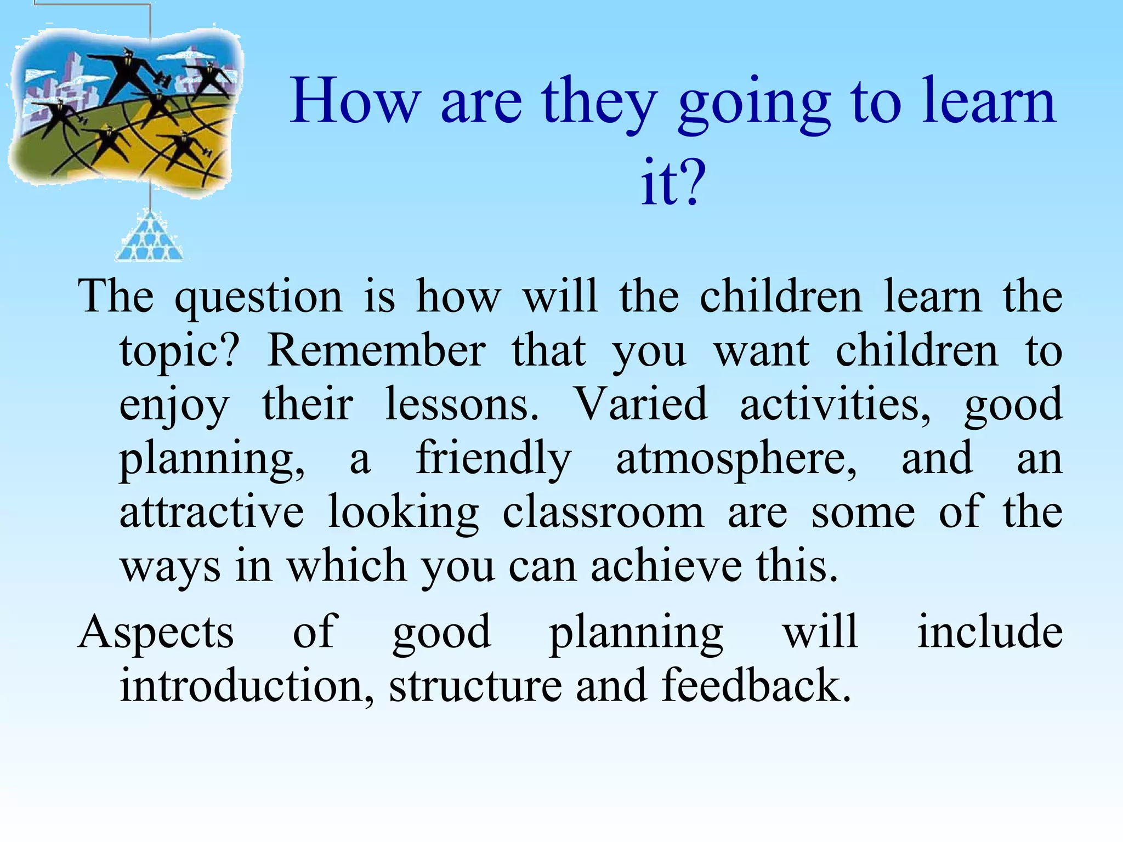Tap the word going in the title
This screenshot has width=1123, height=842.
pyautogui.click(x=754, y=104)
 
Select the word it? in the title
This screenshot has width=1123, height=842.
pyautogui.click(x=673, y=182)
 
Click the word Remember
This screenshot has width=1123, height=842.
pyautogui.click(x=376, y=351)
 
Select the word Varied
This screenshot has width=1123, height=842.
pyautogui.click(x=640, y=405)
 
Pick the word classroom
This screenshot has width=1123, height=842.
pyautogui.click(x=603, y=513)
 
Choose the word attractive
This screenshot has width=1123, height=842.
pyautogui.click(x=212, y=513)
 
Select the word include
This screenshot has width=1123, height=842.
pyautogui.click(x=990, y=632)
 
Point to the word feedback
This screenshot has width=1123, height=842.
pyautogui.click(x=756, y=685)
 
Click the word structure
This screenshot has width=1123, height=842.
pyautogui.click(x=475, y=686)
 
